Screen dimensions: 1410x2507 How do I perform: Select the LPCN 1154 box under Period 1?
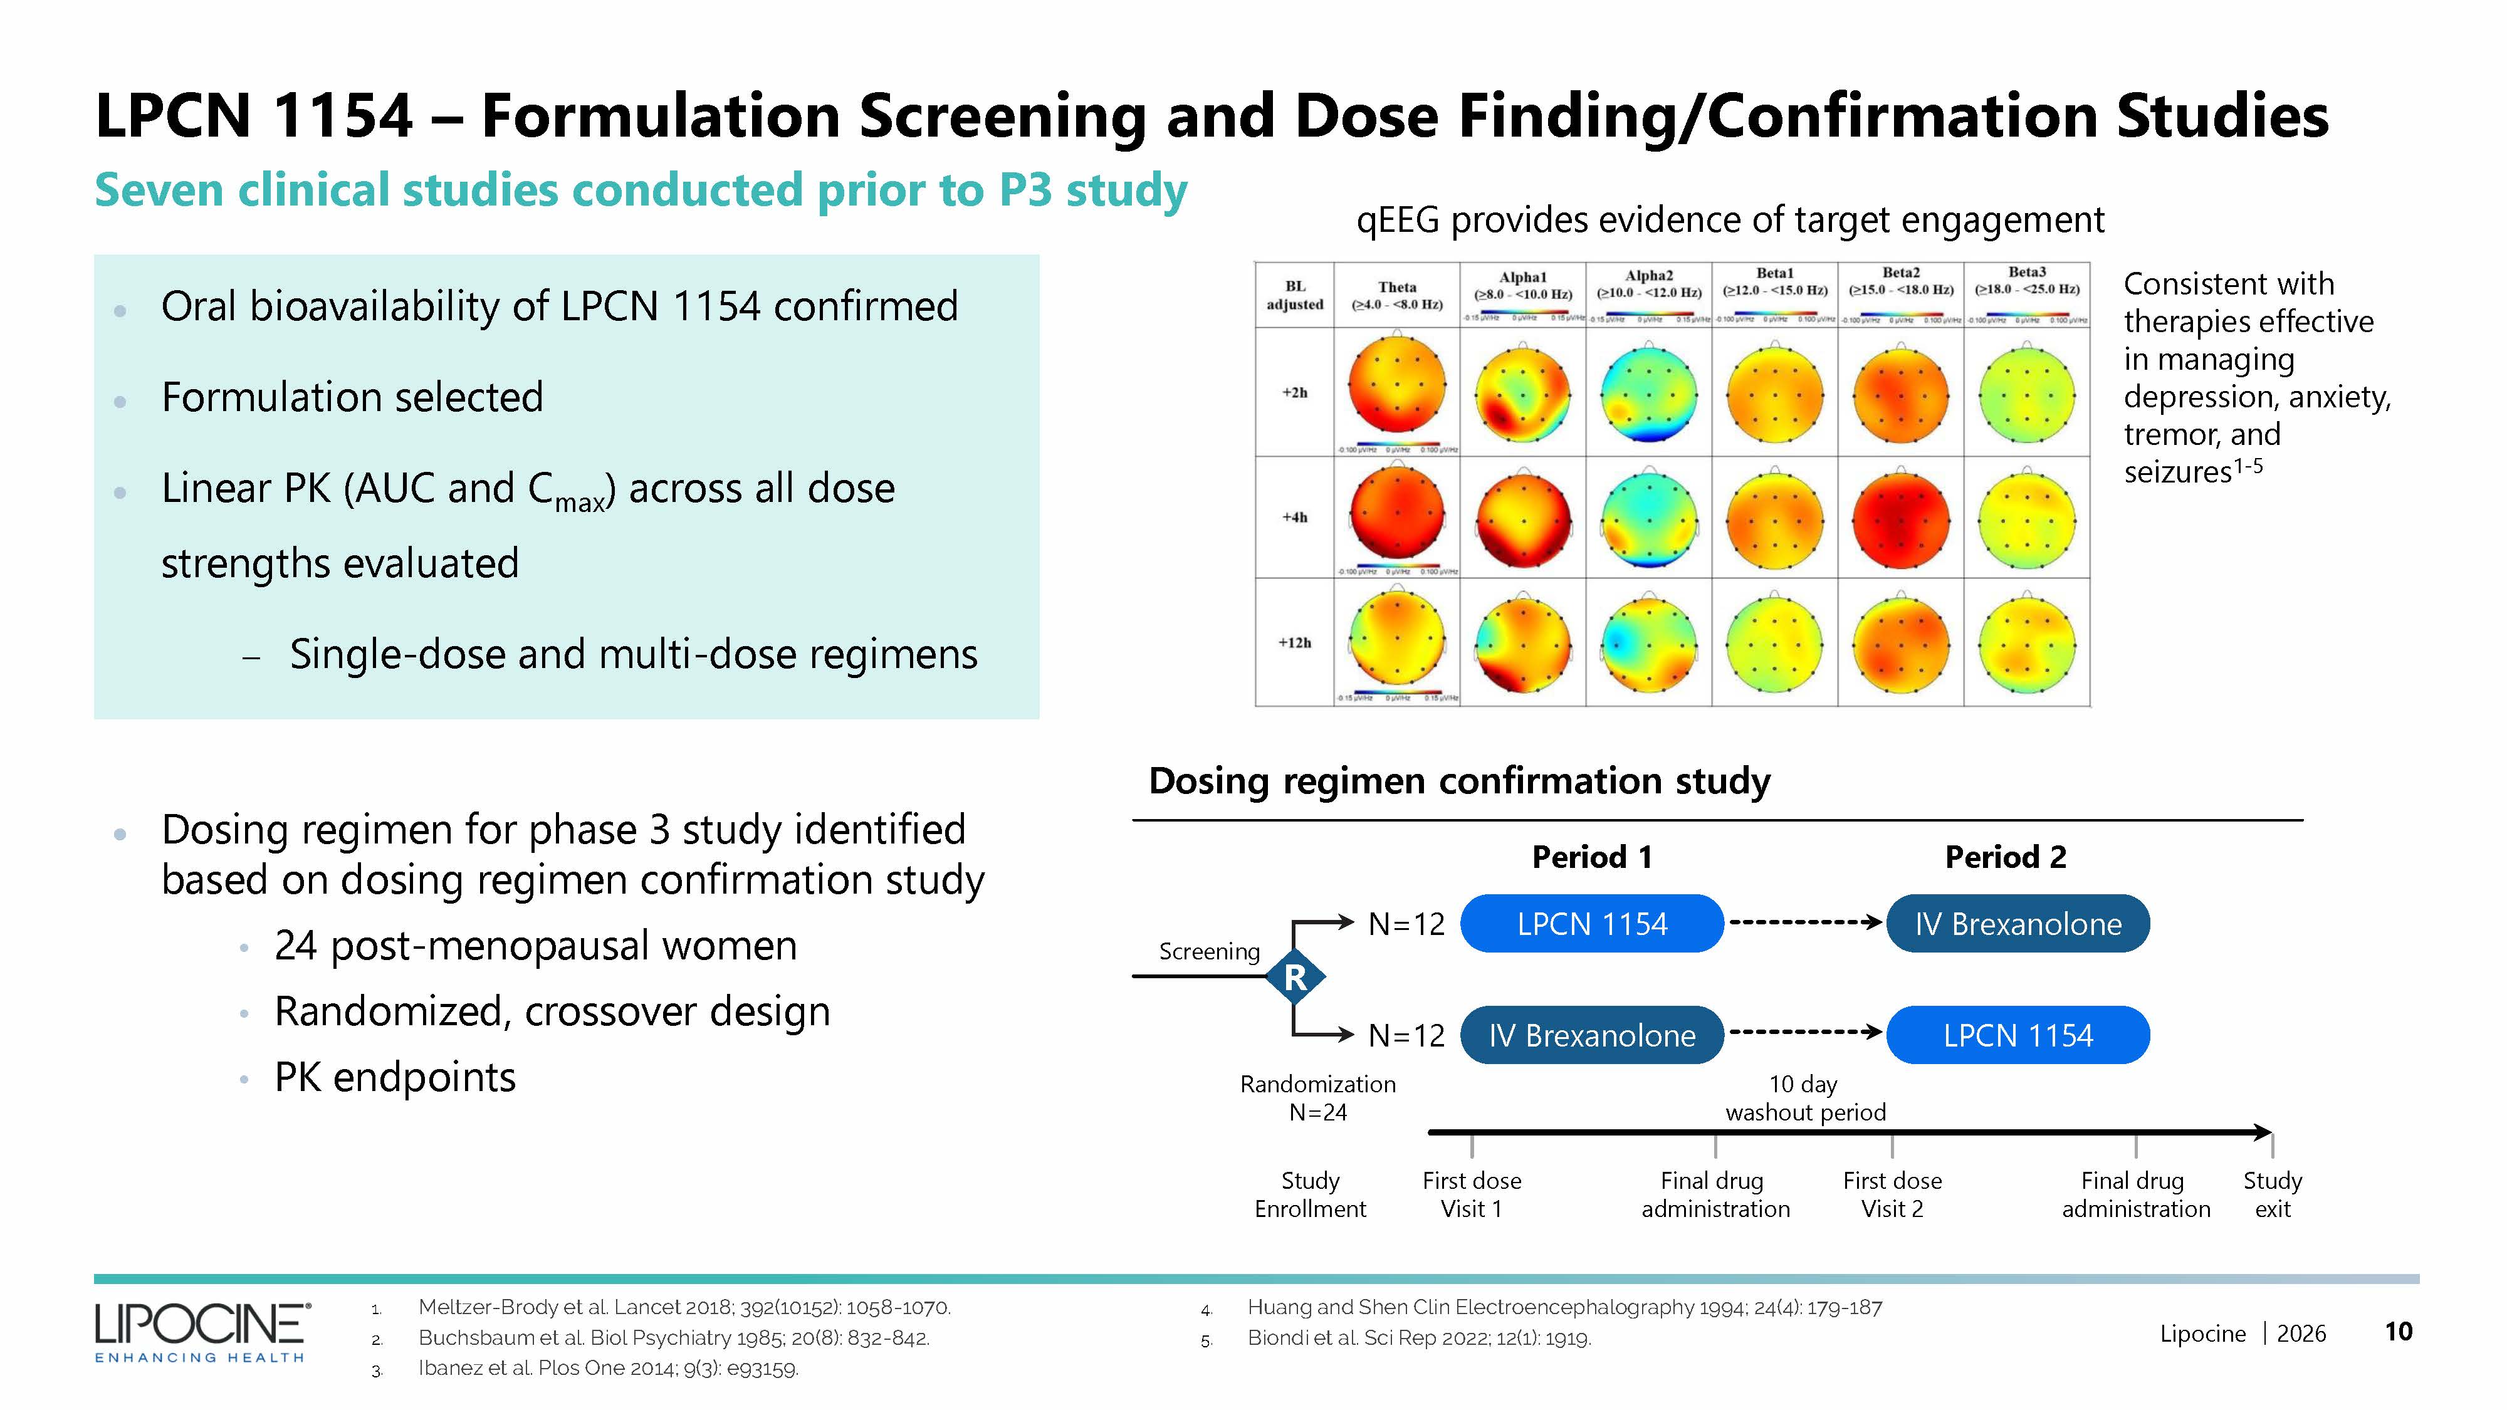pyautogui.click(x=1592, y=924)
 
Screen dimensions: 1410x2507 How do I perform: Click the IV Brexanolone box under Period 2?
pyautogui.click(x=2018, y=924)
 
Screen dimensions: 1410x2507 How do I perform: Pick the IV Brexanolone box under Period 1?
pyautogui.click(x=1592, y=1035)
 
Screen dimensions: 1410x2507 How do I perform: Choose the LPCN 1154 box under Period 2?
pyautogui.click(x=2018, y=1035)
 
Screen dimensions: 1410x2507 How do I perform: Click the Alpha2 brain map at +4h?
pyautogui.click(x=1648, y=520)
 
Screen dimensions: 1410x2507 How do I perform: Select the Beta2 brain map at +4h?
pyautogui.click(x=1901, y=520)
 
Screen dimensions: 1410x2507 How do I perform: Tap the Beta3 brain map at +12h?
pyautogui.click(x=2026, y=643)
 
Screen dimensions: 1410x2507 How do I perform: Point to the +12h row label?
pyautogui.click(x=1294, y=643)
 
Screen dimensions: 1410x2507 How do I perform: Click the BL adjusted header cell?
pyautogui.click(x=1294, y=295)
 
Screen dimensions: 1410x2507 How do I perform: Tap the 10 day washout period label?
pyautogui.click(x=1805, y=1099)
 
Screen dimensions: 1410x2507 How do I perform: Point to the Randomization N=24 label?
pyautogui.click(x=1317, y=1099)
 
